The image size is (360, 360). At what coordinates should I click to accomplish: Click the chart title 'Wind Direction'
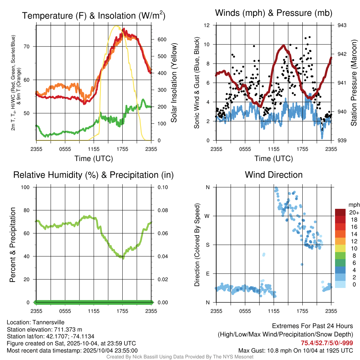[274, 175]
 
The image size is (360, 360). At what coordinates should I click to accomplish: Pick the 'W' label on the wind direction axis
[207, 216]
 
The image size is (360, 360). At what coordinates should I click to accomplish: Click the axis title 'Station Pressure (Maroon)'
[354, 83]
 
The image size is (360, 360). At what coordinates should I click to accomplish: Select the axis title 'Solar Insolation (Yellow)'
[174, 83]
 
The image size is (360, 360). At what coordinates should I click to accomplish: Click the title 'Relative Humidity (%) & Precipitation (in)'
[93, 175]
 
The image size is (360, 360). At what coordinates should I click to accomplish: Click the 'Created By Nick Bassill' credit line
[180, 357]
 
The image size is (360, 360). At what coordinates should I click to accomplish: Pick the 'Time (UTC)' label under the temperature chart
[94, 159]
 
